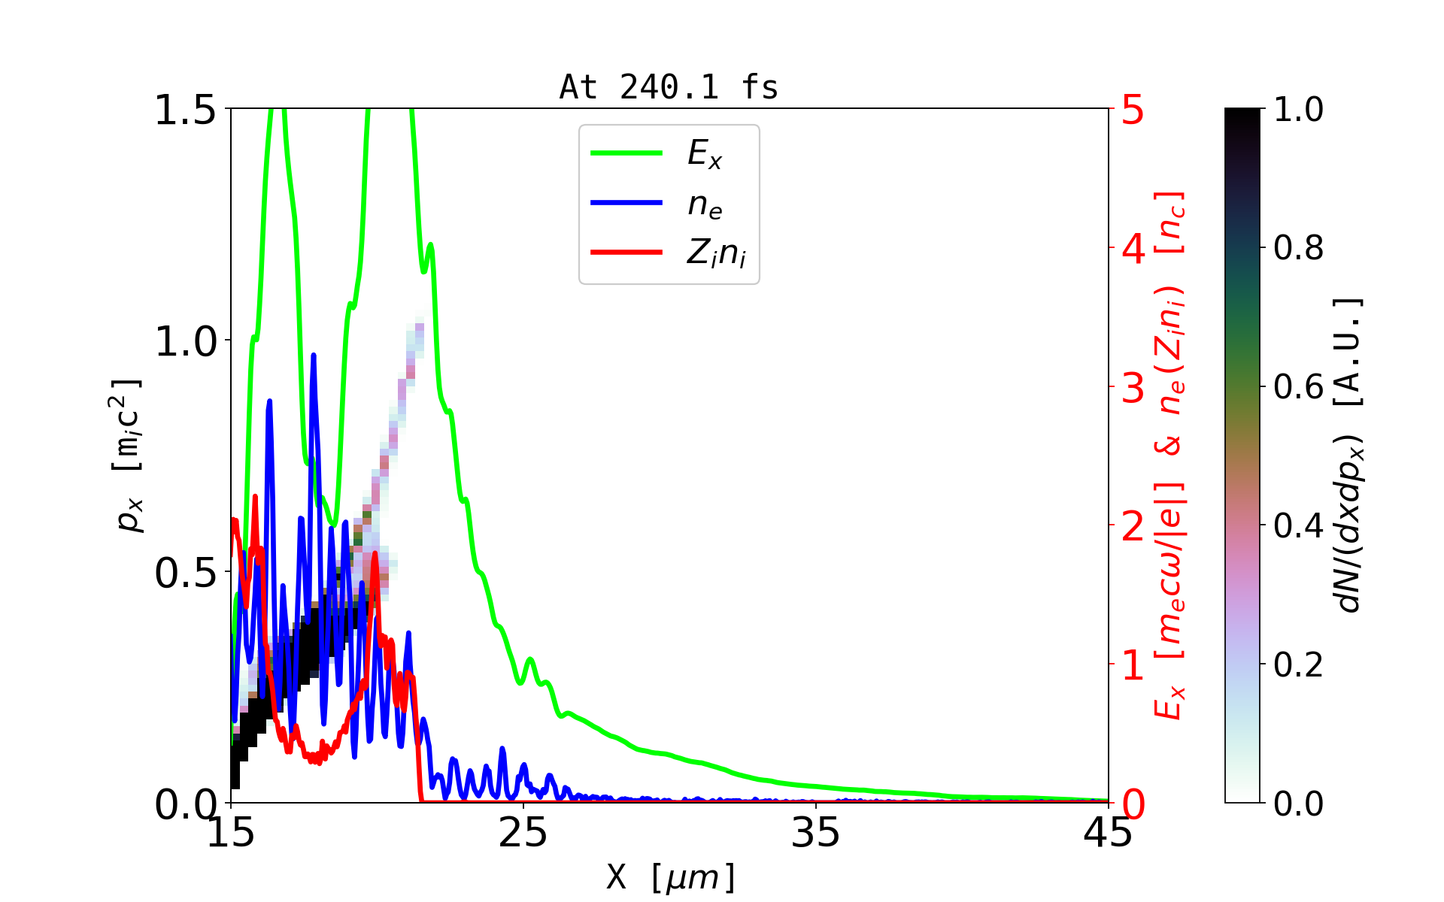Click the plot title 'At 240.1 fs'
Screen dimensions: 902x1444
click(669, 87)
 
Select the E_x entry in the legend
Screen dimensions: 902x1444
click(704, 154)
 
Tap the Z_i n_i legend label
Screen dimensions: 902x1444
click(715, 253)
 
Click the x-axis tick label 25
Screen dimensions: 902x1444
click(523, 833)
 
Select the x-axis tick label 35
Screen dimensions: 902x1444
click(815, 833)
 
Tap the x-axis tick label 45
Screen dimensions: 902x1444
click(1107, 833)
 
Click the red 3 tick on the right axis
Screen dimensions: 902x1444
click(1133, 388)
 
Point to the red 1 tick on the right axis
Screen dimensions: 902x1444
click(1133, 665)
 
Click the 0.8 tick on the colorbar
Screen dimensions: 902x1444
click(1298, 247)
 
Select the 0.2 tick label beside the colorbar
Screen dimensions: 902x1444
click(1298, 664)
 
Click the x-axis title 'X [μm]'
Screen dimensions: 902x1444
click(671, 876)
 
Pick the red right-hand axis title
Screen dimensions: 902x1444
click(1169, 456)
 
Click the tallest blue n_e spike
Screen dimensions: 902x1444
click(314, 356)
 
